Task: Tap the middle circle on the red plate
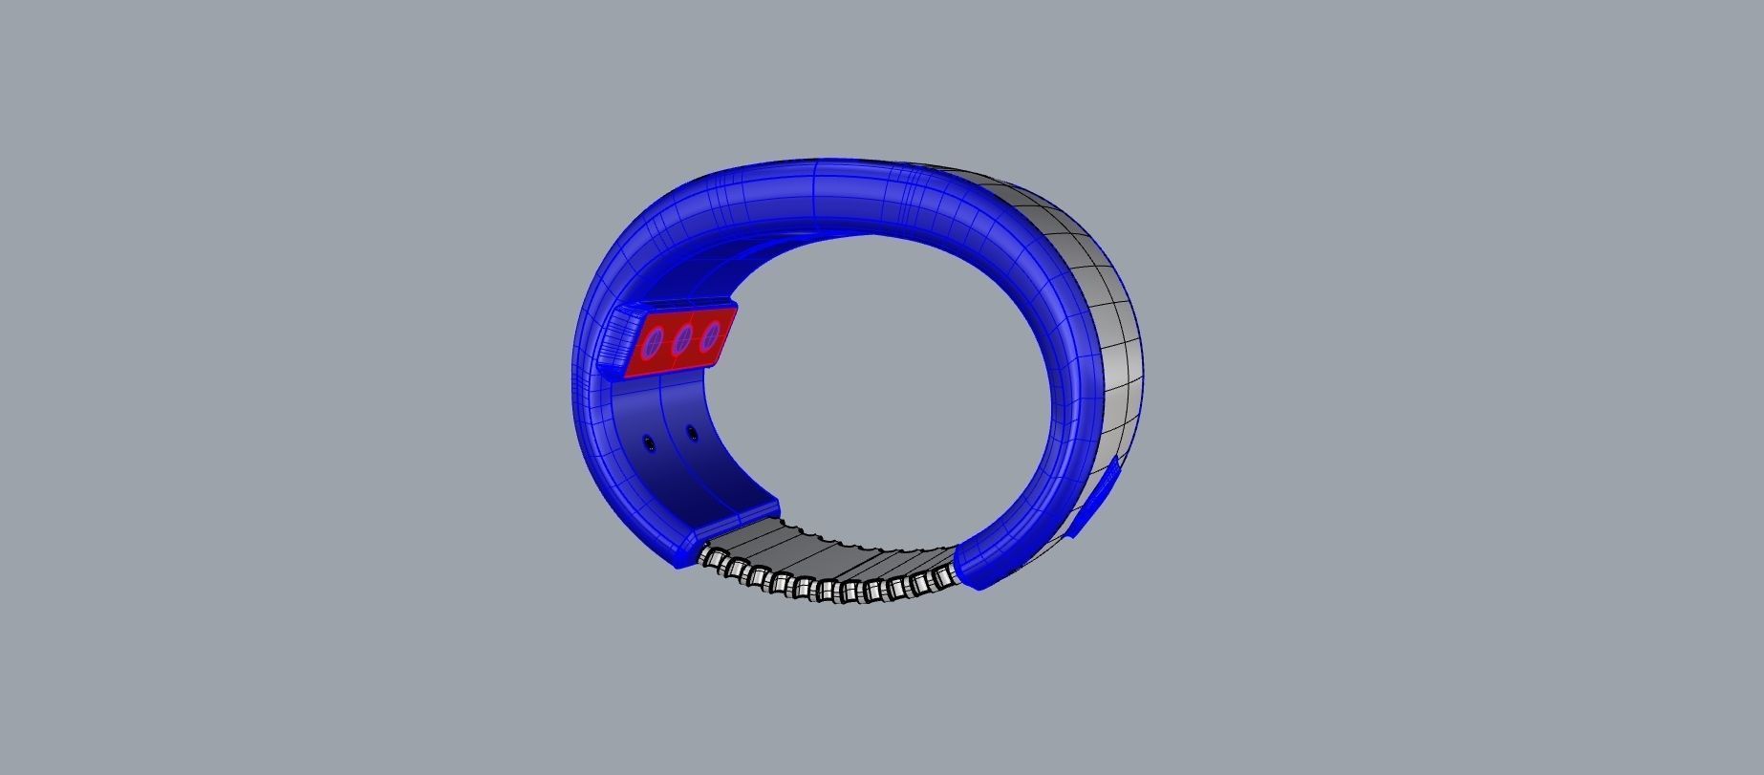pyautogui.click(x=682, y=339)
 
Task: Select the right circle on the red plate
pyautogui.click(x=710, y=336)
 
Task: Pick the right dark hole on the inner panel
pyautogui.click(x=692, y=434)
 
